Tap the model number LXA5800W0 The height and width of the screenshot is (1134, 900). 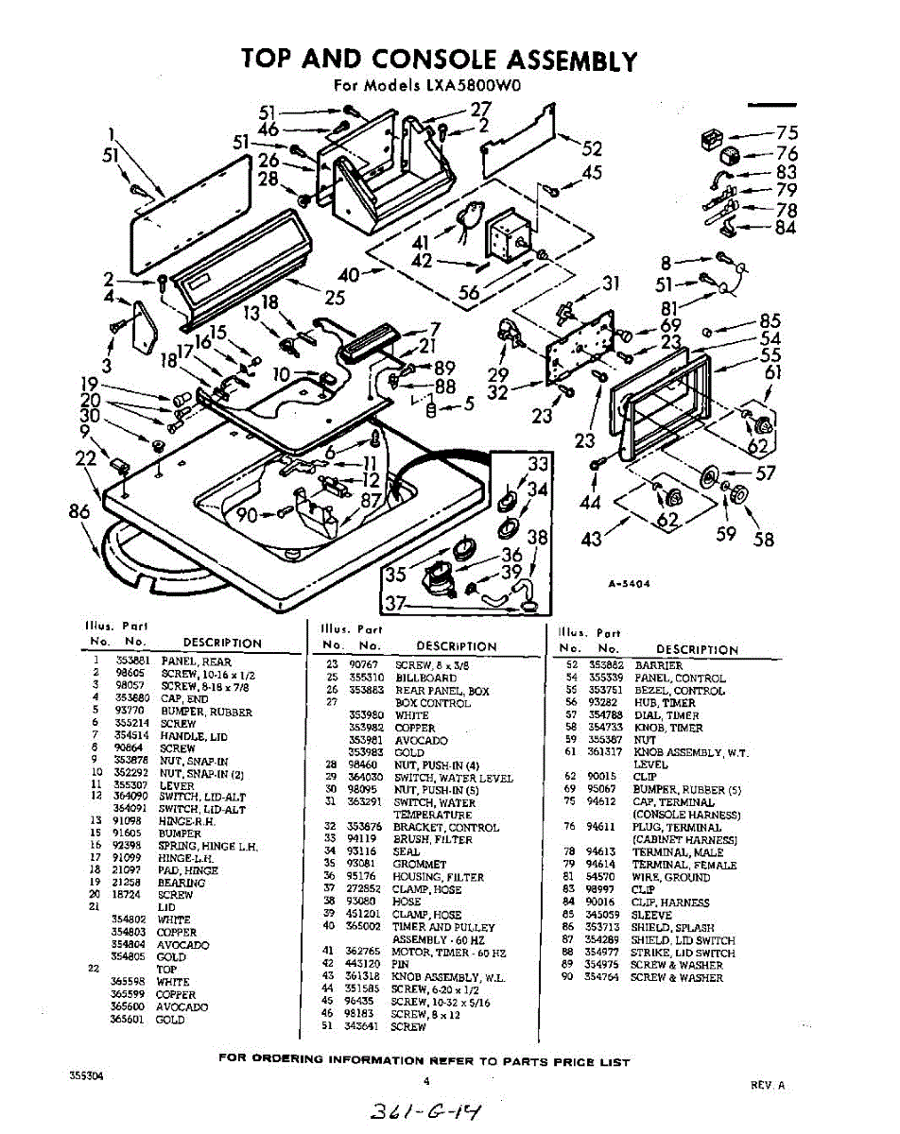tap(481, 85)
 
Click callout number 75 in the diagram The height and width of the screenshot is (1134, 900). tap(787, 133)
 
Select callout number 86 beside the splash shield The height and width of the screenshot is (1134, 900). tap(78, 512)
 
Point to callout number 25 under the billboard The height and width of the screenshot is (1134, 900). tap(334, 299)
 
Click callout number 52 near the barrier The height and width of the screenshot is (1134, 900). tap(592, 148)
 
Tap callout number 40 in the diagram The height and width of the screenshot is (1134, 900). tap(348, 276)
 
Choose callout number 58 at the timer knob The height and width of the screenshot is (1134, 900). tap(763, 539)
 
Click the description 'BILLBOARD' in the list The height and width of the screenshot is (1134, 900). tap(425, 678)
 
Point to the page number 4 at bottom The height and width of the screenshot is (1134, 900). tap(426, 1081)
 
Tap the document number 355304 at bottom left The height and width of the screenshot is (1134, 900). tap(86, 1075)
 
